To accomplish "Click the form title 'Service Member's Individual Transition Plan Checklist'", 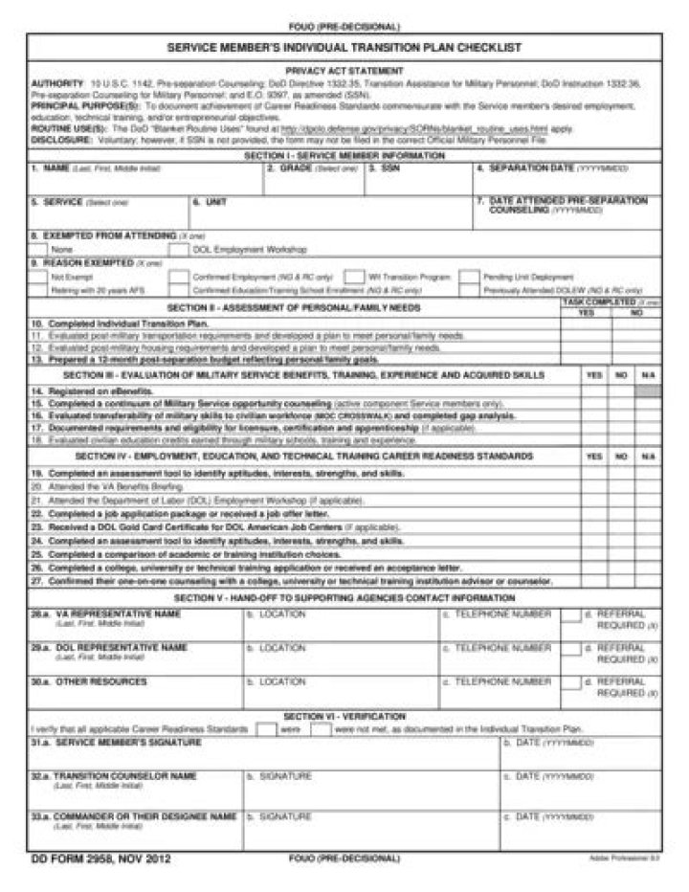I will pos(344,46).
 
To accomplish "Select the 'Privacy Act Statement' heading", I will pos(344,70).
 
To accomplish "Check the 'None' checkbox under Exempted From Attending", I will pos(39,248).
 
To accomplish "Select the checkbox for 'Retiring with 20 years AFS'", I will pos(39,289).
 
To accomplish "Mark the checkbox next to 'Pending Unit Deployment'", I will pos(468,277).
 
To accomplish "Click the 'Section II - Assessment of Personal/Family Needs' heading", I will pos(293,308).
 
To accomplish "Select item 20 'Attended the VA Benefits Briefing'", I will pos(108,486).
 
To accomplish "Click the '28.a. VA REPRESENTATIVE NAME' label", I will pos(105,613).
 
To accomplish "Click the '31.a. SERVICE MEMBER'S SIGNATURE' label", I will pos(116,742).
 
